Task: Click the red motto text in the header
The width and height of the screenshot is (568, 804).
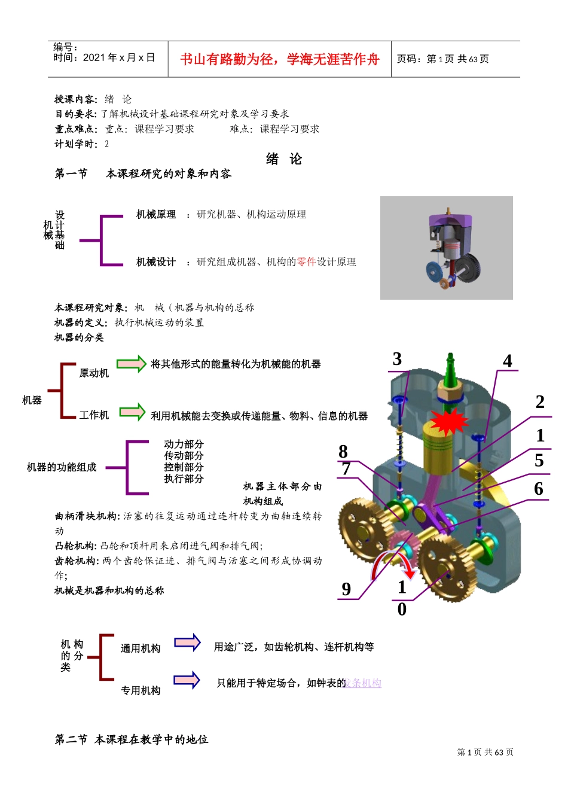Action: pyautogui.click(x=280, y=59)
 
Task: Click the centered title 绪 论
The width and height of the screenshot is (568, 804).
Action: pyautogui.click(x=284, y=159)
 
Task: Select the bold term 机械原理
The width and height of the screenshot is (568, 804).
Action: pyautogui.click(x=156, y=214)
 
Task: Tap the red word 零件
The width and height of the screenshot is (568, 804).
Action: pyautogui.click(x=306, y=261)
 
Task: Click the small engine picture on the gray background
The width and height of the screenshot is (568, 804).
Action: pyautogui.click(x=447, y=248)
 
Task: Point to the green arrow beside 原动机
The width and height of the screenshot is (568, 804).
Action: pyautogui.click(x=132, y=364)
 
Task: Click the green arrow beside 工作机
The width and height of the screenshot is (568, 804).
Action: pyautogui.click(x=132, y=412)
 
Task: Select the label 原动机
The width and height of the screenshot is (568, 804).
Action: pyautogui.click(x=94, y=373)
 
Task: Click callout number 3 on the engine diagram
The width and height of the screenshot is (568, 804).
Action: pyautogui.click(x=397, y=359)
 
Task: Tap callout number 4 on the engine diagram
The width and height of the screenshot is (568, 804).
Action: pyautogui.click(x=507, y=361)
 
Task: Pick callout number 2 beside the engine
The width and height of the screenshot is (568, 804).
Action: pyautogui.click(x=540, y=402)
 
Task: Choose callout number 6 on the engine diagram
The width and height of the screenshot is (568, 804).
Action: pyautogui.click(x=539, y=489)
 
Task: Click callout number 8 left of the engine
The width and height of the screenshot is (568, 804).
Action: pyautogui.click(x=343, y=451)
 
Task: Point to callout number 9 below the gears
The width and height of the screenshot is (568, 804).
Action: pyautogui.click(x=346, y=589)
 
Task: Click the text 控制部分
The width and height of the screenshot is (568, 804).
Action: pyautogui.click(x=184, y=467)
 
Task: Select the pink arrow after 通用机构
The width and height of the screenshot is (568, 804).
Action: pyautogui.click(x=187, y=642)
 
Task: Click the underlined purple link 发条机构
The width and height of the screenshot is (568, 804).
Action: pyautogui.click(x=364, y=683)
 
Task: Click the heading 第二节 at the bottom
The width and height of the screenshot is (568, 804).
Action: pyautogui.click(x=71, y=739)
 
